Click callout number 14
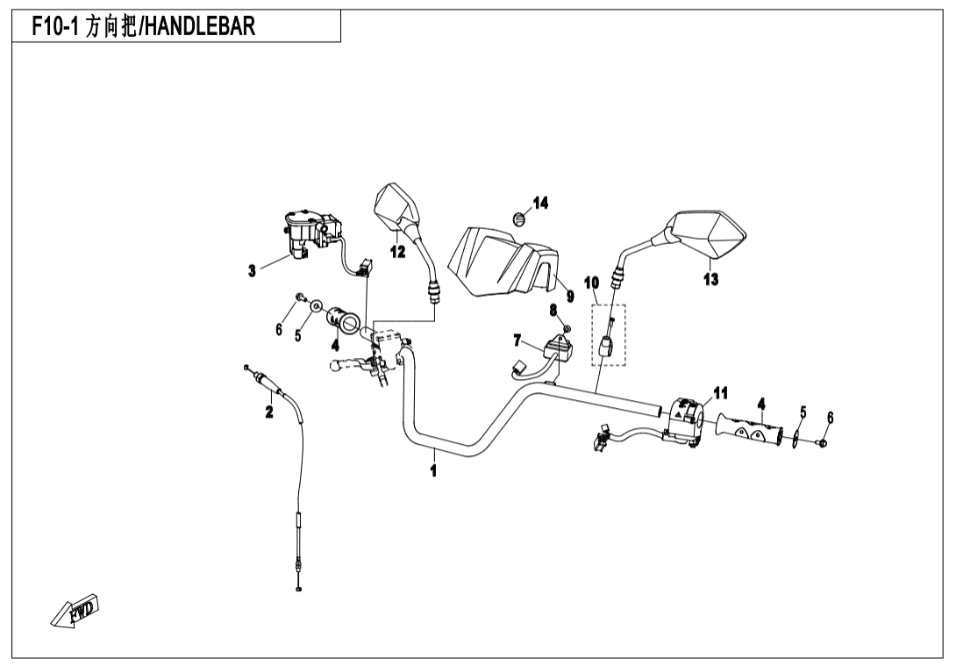[540, 204]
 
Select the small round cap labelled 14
[518, 217]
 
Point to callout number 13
[710, 280]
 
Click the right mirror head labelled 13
[709, 232]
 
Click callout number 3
[252, 271]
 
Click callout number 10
[591, 283]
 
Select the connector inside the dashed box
[606, 346]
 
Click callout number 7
[517, 339]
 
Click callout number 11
[720, 392]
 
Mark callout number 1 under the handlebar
[433, 471]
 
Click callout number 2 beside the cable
[269, 412]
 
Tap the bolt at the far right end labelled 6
[823, 444]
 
